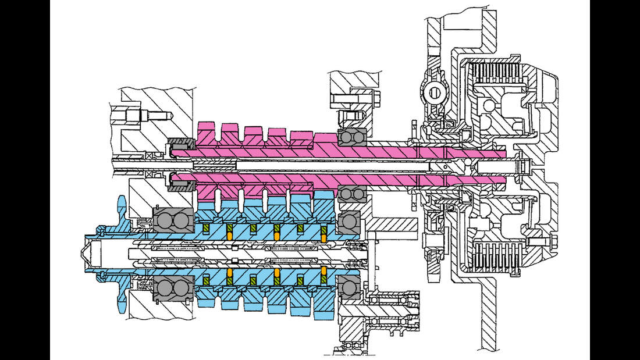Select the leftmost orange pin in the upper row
pyautogui.click(x=229, y=232)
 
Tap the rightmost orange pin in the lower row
pyautogui.click(x=323, y=272)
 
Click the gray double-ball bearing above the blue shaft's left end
pyautogui.click(x=173, y=222)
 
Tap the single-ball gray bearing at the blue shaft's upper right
pyautogui.click(x=348, y=222)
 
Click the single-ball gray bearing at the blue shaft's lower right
pyautogui.click(x=348, y=288)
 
